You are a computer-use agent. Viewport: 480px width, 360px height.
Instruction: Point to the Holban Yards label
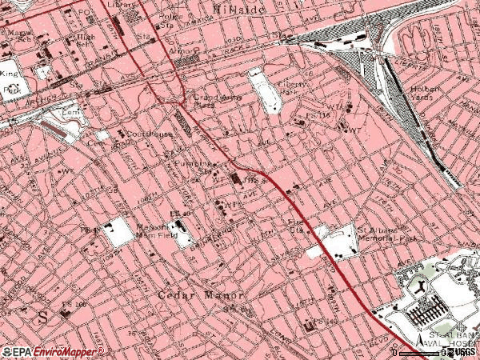(427, 94)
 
